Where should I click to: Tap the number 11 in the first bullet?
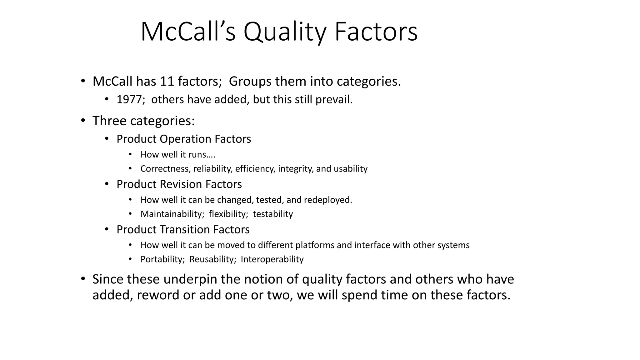[167, 81]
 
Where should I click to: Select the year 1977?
[129, 99]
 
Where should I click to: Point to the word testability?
[273, 214]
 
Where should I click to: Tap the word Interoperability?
[272, 259]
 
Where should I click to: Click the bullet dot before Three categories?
[83, 121]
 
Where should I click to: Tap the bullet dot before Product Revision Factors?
[107, 184]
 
